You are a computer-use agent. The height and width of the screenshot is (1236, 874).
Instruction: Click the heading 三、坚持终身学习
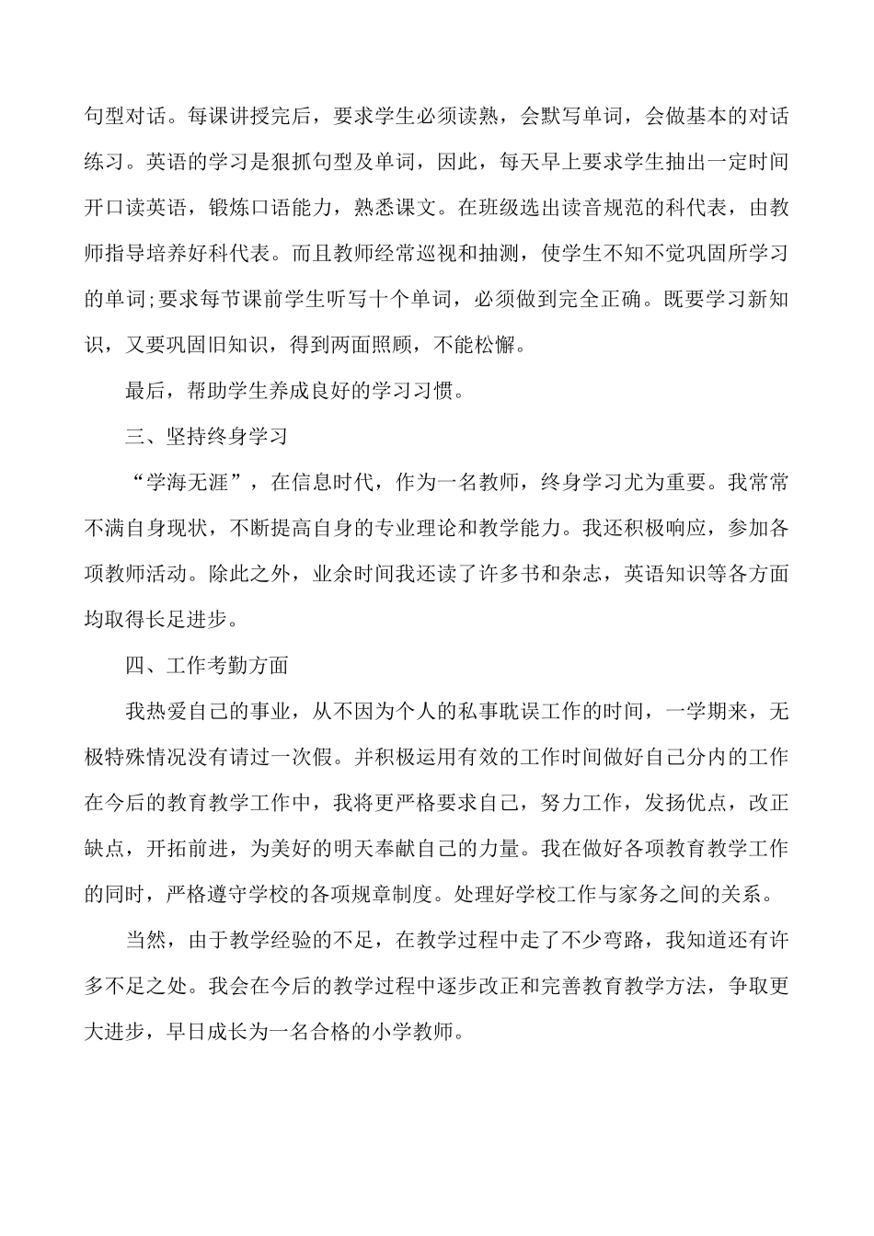coord(207,436)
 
